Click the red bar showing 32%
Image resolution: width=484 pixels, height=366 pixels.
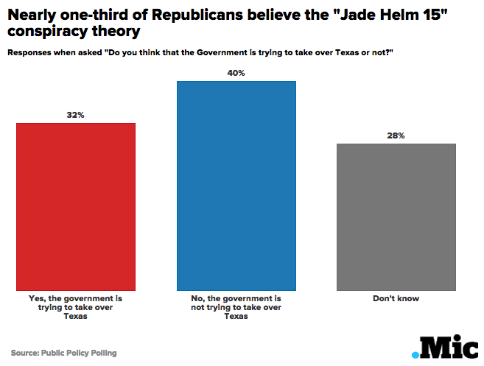click(x=76, y=206)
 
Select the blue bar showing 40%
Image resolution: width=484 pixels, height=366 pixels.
click(x=236, y=185)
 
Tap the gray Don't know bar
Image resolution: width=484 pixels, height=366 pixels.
click(x=396, y=217)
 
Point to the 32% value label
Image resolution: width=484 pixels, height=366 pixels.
click(x=76, y=115)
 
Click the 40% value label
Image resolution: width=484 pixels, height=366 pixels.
click(x=236, y=73)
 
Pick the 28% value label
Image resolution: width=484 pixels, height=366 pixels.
click(x=396, y=136)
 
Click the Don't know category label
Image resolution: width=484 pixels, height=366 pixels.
click(x=396, y=299)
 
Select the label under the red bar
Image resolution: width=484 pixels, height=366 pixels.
click(x=76, y=307)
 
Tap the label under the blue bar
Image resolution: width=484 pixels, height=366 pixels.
click(x=236, y=307)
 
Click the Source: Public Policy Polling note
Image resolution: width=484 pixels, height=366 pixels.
click(x=63, y=353)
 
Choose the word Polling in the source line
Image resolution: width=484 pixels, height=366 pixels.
click(x=102, y=353)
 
